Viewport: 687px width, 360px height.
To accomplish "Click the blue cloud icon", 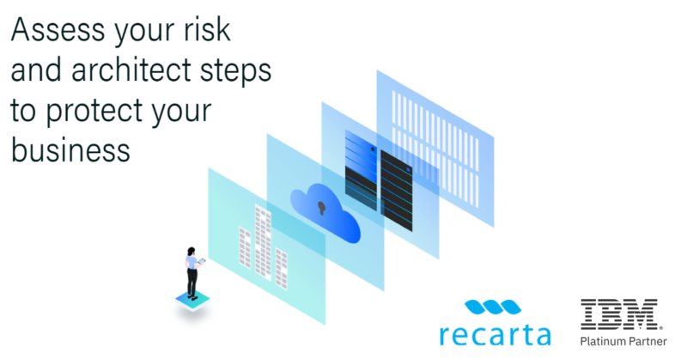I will click(325, 211).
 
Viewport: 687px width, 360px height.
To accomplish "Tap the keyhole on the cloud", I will click(323, 208).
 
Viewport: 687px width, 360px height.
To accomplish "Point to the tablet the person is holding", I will click(203, 260).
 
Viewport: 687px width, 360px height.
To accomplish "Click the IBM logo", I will click(619, 315).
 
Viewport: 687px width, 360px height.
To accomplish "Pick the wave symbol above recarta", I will click(490, 306).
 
